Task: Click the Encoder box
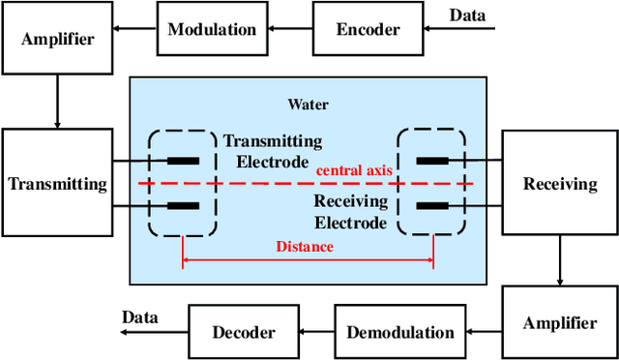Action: pos(368,29)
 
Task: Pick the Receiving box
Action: pos(560,184)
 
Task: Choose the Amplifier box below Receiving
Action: pos(560,323)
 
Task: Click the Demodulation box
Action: pos(399,332)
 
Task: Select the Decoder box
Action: pos(244,332)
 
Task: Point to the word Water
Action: pos(307,104)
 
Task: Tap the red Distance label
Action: pos(306,247)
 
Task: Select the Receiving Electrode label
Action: pos(350,212)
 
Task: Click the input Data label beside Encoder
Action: pos(468,15)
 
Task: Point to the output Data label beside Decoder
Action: pos(141,317)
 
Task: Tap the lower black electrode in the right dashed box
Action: pos(432,205)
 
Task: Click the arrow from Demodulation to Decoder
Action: pos(316,332)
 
